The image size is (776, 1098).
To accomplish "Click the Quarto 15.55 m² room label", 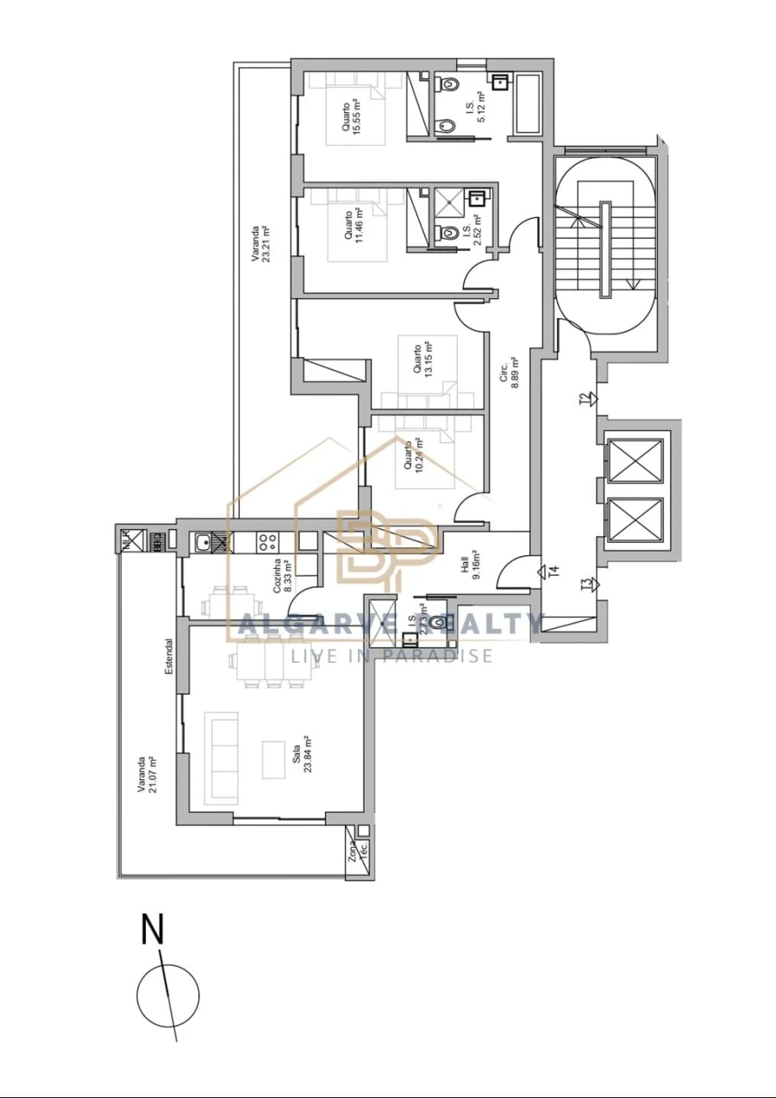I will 351,117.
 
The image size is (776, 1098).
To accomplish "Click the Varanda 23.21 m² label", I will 260,244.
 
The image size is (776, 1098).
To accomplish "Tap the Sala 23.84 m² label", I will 301,755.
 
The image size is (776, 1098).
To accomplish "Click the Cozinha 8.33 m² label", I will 281,576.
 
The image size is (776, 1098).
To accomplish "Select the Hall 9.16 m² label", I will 470,570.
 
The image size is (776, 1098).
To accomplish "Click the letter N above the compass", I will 153,930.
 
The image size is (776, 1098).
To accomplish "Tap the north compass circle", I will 168,994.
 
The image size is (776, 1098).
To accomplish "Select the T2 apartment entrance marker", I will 587,398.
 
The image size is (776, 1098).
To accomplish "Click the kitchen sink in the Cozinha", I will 202,542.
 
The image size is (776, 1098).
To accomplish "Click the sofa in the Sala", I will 221,758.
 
